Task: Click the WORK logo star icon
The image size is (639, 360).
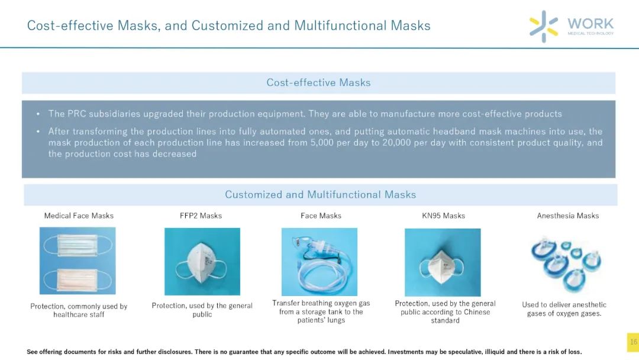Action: click(544, 26)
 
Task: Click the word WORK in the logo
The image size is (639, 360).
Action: click(590, 24)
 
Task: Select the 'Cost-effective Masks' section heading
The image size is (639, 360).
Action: click(319, 82)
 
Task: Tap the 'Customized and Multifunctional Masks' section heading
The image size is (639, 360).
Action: click(320, 194)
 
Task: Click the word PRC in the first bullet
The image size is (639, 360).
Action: click(76, 114)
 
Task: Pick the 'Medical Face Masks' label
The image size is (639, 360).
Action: click(79, 216)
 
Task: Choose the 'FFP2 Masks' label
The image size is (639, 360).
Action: click(201, 216)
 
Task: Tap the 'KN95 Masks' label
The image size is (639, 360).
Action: click(443, 216)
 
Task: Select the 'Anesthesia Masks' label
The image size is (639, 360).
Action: click(567, 216)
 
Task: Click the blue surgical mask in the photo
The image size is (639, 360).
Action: click(78, 245)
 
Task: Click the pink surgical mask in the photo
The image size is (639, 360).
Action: click(78, 279)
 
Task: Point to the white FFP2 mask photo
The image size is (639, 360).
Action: click(202, 261)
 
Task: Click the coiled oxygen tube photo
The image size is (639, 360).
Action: click(319, 262)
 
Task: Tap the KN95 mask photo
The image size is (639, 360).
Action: click(443, 262)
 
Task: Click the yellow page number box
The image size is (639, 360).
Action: click(633, 342)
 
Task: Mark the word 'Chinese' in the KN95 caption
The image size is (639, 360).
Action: click(477, 312)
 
